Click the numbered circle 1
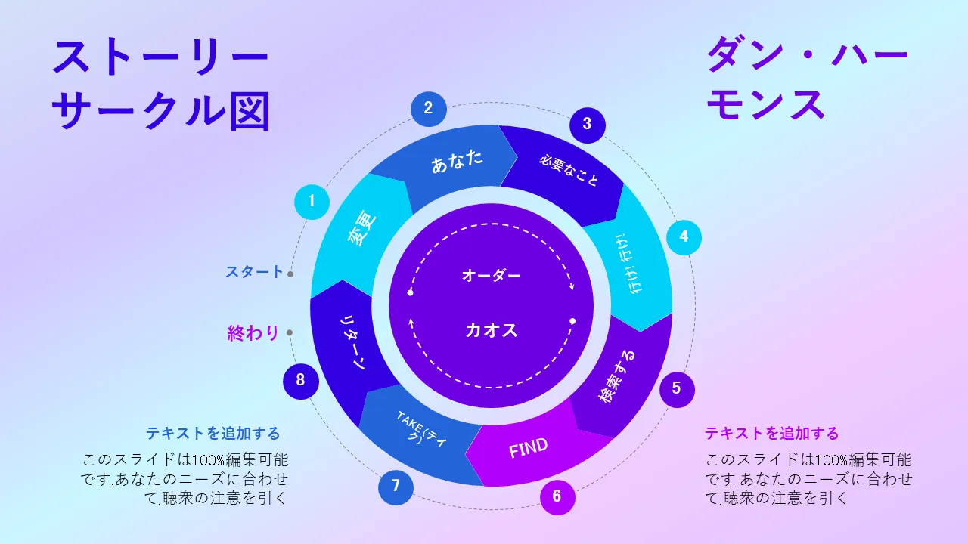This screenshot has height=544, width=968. pos(312,202)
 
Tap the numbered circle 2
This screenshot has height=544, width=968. pos(428,109)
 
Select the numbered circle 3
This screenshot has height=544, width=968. pos(588,125)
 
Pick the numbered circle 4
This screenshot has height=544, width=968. pos(684,237)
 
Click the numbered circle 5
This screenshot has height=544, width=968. pos(677,389)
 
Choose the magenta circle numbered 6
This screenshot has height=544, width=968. pos(557,497)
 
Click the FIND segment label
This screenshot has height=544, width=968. pos(528,448)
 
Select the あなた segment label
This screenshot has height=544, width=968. pos(458,161)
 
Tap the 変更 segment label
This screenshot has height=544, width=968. pos(362,228)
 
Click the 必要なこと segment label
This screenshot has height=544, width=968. pos(569,171)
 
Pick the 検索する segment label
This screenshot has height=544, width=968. pos(616,376)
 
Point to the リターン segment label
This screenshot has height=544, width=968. pos(353,342)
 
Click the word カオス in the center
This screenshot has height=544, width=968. pos(492,331)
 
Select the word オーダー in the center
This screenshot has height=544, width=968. pos(492,275)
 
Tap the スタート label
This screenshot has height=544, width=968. pos(254,272)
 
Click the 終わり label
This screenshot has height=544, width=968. pos(253,333)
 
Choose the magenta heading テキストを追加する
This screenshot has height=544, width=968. pos(772,433)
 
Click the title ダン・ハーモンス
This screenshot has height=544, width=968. pos(807,78)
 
